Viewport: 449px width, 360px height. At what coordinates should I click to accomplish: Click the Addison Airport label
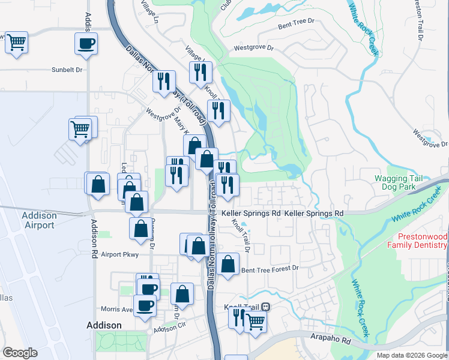(39, 220)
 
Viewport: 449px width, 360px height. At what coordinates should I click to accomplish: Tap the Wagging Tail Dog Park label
(399, 182)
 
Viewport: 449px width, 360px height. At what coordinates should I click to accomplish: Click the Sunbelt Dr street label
(67, 70)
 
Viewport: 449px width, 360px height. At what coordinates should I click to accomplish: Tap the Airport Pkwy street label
(119, 254)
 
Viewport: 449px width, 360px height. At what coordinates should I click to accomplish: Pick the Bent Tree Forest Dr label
(270, 269)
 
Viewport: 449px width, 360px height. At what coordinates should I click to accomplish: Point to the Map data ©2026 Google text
(411, 355)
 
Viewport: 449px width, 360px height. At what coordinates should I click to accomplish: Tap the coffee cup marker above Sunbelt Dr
(86, 44)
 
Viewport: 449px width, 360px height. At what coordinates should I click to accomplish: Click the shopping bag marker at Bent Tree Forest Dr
(228, 264)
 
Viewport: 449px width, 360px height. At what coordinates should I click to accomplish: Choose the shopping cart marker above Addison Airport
(80, 129)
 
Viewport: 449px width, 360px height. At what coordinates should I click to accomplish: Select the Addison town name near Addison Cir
(104, 325)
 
